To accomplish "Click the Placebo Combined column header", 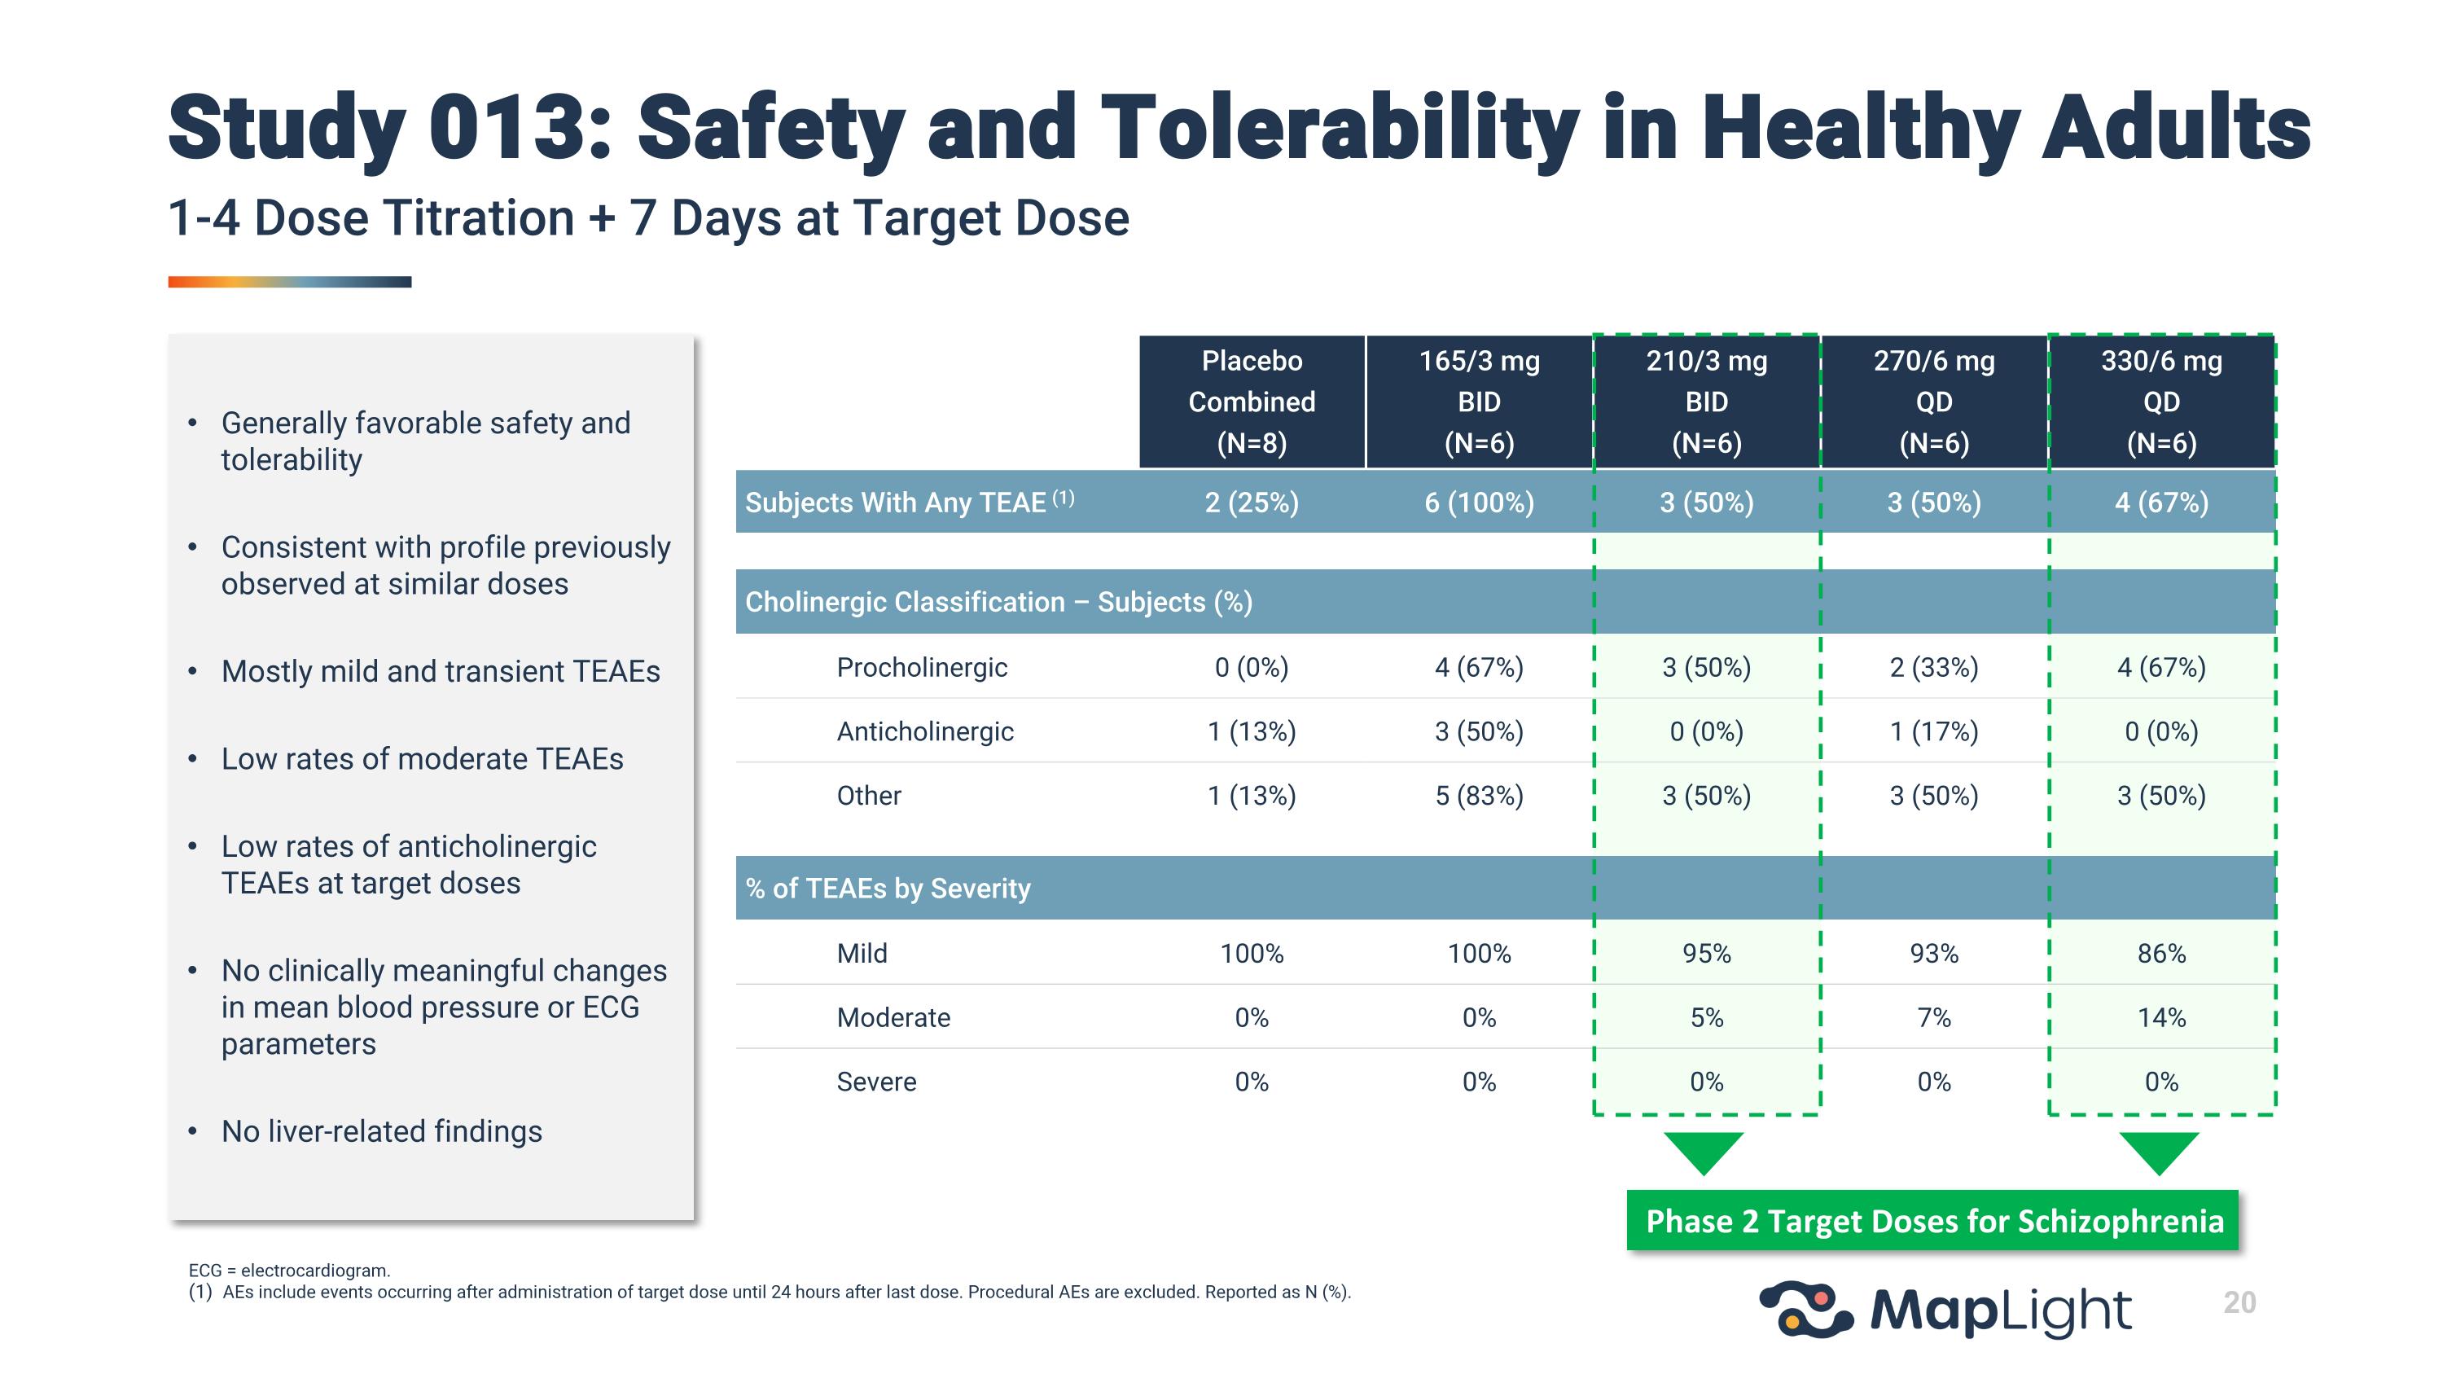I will [x=1251, y=401].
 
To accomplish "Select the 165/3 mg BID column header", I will [x=1479, y=401].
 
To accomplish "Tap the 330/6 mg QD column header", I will [x=2160, y=401].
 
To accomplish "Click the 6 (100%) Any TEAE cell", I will [x=1479, y=502].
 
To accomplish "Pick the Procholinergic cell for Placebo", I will [x=1251, y=668].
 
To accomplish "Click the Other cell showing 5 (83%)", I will [x=1479, y=796].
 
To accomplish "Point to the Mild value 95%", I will [x=1706, y=953].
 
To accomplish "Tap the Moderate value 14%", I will [x=2160, y=1017].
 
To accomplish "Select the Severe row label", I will [x=876, y=1082].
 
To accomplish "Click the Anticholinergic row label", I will [x=924, y=731].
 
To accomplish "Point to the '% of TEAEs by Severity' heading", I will [x=888, y=889].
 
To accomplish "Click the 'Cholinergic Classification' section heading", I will [x=998, y=602].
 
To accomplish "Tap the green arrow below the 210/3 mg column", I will [x=1704, y=1151].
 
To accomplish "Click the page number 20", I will [x=2239, y=1302].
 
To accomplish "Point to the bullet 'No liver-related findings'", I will [x=381, y=1131].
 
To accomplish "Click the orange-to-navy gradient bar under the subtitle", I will [x=289, y=282].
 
